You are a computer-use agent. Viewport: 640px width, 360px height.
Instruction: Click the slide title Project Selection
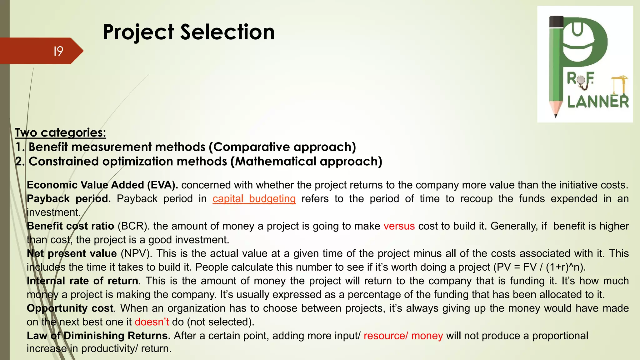tap(188, 32)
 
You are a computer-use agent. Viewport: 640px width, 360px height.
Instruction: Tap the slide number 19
tap(58, 51)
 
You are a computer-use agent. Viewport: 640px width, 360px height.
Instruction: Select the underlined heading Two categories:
tap(61, 132)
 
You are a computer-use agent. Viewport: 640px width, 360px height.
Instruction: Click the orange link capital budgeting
tap(254, 199)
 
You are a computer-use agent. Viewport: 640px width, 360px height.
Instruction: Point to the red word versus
tap(399, 226)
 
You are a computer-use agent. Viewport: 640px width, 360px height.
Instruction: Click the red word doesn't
tap(152, 322)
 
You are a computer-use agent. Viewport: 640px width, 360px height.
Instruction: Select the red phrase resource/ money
tap(403, 336)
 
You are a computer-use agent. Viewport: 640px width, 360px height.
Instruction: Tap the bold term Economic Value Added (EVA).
tap(102, 185)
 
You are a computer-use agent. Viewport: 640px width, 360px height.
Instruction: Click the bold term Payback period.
tap(69, 199)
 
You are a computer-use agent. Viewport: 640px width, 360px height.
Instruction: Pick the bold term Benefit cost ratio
tap(71, 226)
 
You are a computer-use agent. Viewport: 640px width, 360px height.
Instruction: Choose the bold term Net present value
tap(72, 253)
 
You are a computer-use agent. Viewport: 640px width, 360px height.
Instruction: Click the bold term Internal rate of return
tap(82, 281)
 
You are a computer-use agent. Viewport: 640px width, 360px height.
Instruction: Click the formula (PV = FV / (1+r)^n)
tap(539, 267)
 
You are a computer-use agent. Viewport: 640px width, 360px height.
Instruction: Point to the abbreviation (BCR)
tap(133, 226)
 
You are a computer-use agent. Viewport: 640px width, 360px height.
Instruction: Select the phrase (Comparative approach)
tap(282, 147)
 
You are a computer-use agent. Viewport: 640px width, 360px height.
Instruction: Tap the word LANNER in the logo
tap(598, 102)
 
